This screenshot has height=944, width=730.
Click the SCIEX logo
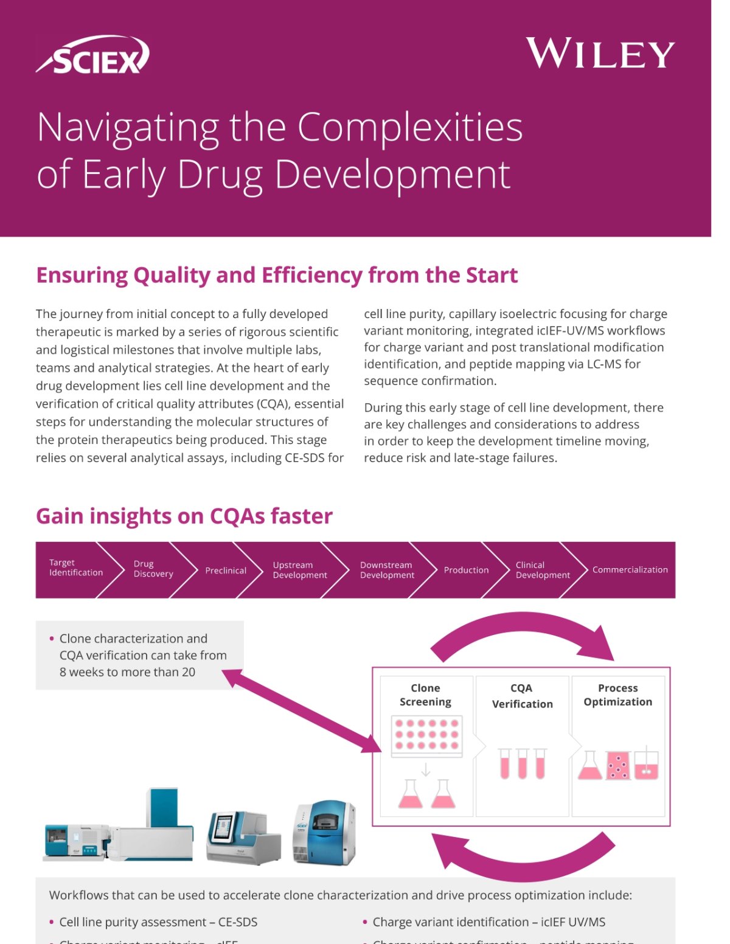[x=93, y=55]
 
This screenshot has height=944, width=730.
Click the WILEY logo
[x=600, y=54]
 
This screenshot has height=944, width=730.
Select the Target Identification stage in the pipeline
[x=76, y=567]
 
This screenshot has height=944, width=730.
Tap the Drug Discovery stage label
[x=153, y=569]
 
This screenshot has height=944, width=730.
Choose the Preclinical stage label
[x=226, y=571]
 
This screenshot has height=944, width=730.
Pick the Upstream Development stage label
[x=300, y=570]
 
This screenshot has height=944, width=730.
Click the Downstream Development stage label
[x=387, y=570]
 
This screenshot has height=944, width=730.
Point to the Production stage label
[x=466, y=570]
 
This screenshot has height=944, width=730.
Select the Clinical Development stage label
[x=543, y=570]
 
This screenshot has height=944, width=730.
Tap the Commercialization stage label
[x=630, y=570]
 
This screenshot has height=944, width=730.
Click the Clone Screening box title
[x=425, y=695]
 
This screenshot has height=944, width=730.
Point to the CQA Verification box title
[x=522, y=696]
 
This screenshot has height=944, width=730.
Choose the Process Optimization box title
[x=617, y=695]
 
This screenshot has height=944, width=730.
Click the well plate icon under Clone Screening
[x=426, y=736]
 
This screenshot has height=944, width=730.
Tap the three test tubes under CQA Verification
[x=522, y=763]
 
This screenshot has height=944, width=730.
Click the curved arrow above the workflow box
[x=523, y=633]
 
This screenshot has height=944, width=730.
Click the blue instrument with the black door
[x=324, y=831]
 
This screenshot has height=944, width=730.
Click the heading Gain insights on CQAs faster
[x=184, y=516]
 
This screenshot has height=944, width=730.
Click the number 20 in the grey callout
[x=188, y=672]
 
